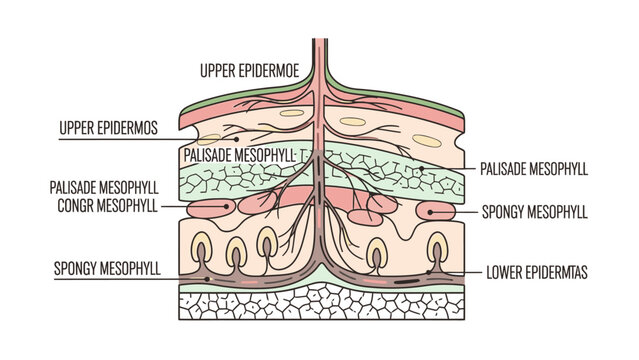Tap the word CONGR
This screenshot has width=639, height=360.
[73, 207]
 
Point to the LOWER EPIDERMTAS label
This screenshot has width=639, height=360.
[536, 271]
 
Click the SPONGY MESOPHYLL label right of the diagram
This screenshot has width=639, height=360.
[534, 212]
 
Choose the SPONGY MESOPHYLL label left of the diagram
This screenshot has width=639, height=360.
[104, 269]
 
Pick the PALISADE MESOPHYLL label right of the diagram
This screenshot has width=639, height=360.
[534, 169]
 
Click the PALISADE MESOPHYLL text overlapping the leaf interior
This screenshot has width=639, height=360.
[240, 155]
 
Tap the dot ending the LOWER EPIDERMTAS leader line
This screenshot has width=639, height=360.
[430, 271]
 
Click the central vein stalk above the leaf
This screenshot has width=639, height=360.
[319, 60]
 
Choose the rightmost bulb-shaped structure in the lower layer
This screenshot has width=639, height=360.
[438, 251]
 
